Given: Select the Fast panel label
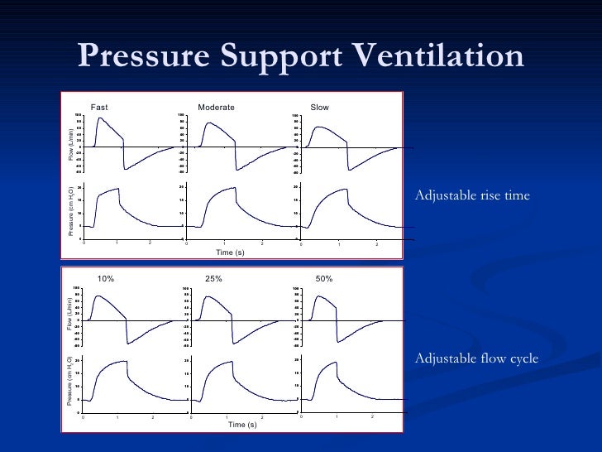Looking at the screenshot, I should [x=99, y=108].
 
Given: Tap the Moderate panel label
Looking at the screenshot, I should [x=217, y=108].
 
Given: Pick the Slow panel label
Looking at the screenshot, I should [x=319, y=108].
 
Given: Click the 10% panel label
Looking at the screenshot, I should [x=106, y=279].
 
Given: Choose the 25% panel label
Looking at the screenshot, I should [x=213, y=279].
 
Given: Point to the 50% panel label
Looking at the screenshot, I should [x=323, y=279].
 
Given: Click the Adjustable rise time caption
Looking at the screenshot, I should [x=471, y=195].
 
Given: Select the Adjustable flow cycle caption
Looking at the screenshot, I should [x=476, y=358].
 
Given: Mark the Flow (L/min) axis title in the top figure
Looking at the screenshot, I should [x=71, y=143].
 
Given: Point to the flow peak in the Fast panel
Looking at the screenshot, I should [x=100, y=118].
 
